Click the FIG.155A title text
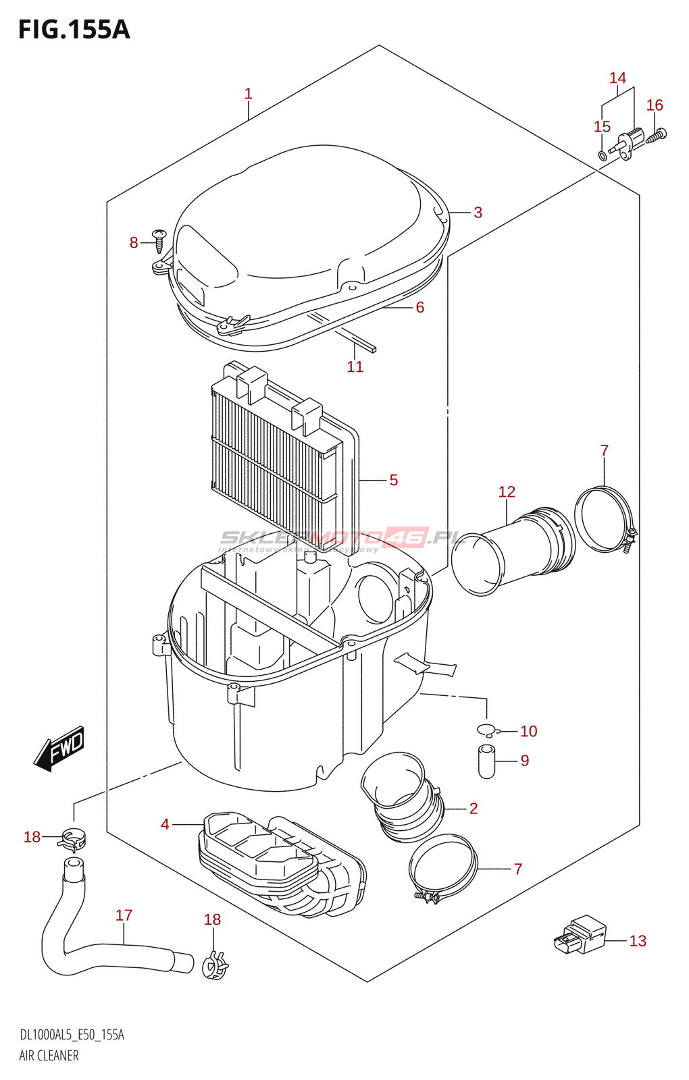point(74,30)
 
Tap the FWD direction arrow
point(60,748)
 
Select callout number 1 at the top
point(248,94)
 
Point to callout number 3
point(478,213)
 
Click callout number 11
point(355,367)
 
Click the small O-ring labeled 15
point(603,156)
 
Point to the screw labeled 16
point(656,136)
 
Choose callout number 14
point(617,78)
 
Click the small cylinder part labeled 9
point(486,761)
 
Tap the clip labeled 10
point(486,730)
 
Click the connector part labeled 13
point(581,934)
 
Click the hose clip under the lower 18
point(215,965)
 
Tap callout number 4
point(165,824)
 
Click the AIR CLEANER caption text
point(49,1056)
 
